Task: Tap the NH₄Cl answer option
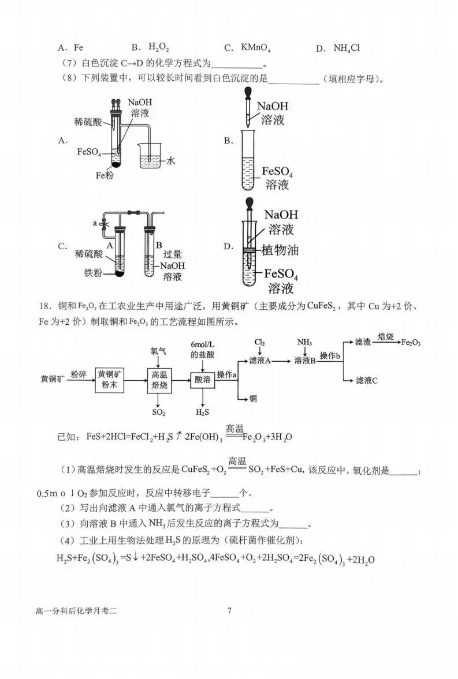[338, 48]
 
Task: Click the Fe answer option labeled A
[70, 48]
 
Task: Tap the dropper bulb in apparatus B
[250, 93]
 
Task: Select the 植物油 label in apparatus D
[281, 250]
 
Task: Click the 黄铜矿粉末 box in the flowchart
[110, 379]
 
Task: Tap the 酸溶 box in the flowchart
[202, 379]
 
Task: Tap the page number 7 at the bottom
[229, 611]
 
